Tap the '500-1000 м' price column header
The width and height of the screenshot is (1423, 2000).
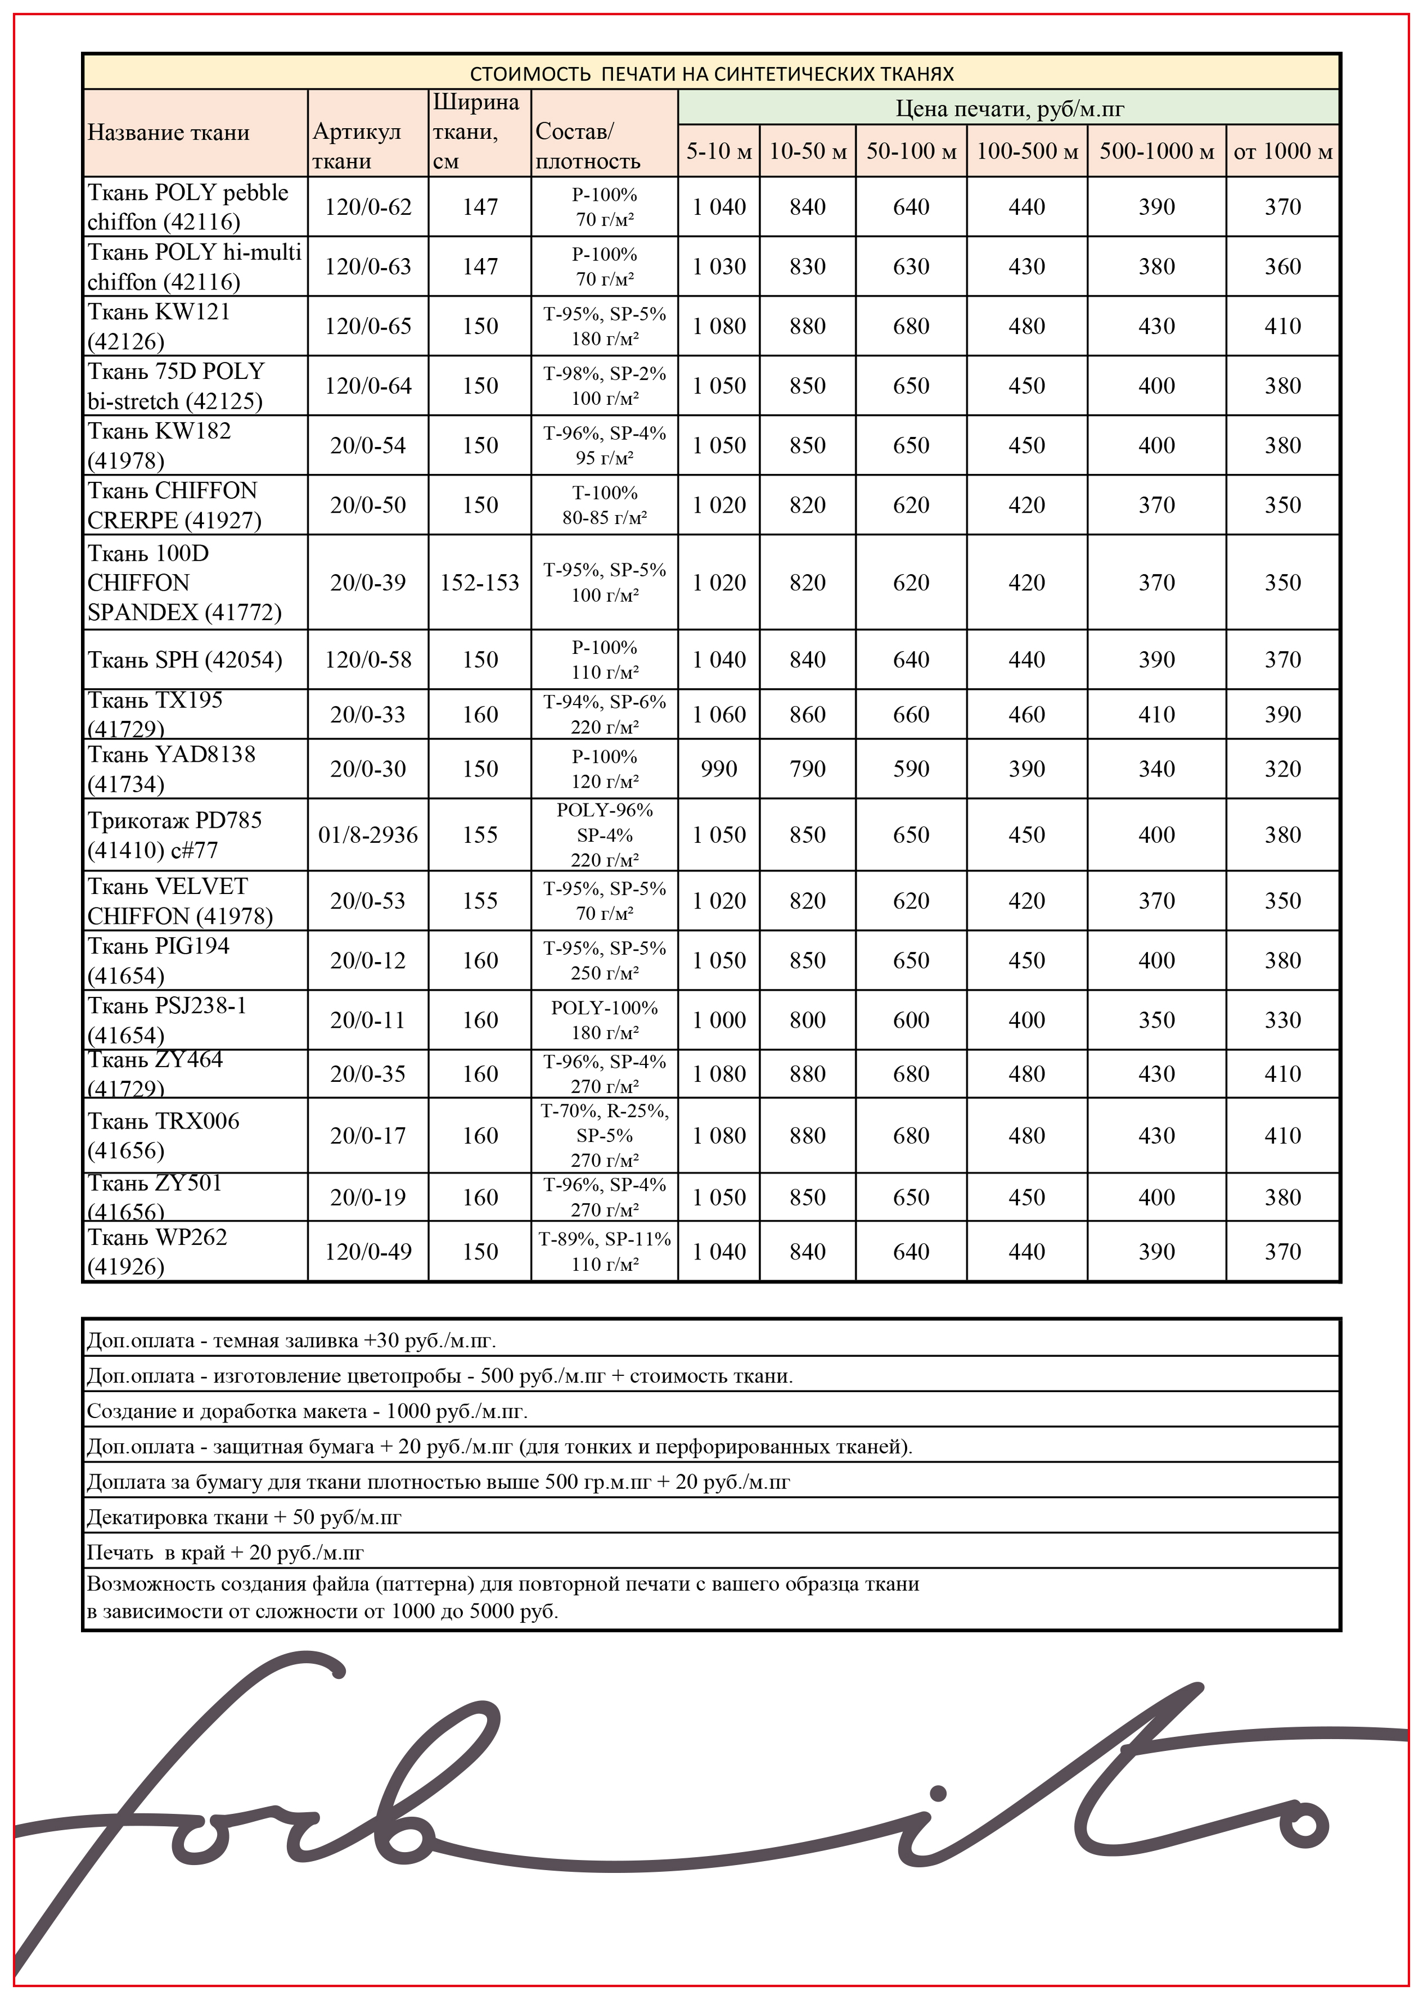point(1156,151)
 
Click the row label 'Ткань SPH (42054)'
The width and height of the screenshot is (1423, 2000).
point(185,660)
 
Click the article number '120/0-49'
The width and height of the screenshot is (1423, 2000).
point(368,1252)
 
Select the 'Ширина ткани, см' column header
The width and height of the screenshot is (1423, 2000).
point(476,132)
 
